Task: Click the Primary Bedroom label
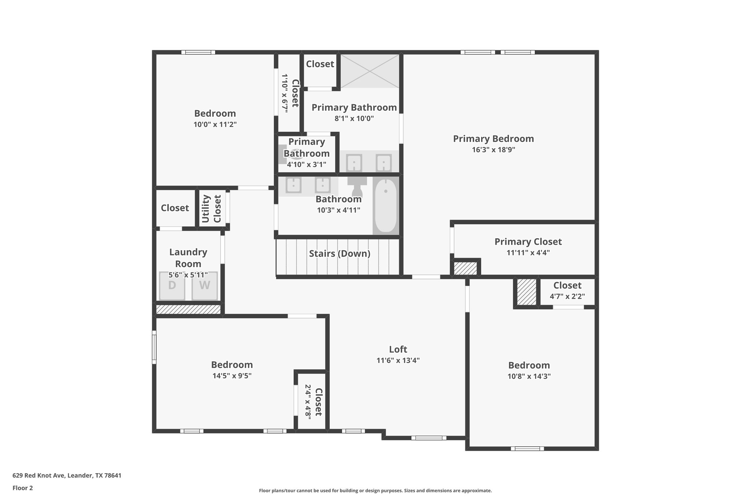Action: pyautogui.click(x=493, y=139)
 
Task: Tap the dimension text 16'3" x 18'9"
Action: pyautogui.click(x=493, y=150)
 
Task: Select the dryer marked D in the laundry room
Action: pyautogui.click(x=172, y=286)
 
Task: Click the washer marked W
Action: pyautogui.click(x=205, y=286)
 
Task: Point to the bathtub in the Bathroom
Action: pyautogui.click(x=385, y=206)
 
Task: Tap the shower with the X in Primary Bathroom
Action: pyautogui.click(x=370, y=71)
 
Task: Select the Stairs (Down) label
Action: pyautogui.click(x=340, y=254)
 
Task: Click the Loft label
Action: pyautogui.click(x=398, y=349)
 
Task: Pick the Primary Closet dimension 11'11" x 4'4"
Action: pyautogui.click(x=528, y=253)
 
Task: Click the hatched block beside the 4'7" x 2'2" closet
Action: pyautogui.click(x=527, y=292)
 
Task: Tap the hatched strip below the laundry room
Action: pyautogui.click(x=188, y=309)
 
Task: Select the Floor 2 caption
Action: pyautogui.click(x=23, y=488)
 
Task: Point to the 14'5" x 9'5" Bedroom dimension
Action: pyautogui.click(x=232, y=376)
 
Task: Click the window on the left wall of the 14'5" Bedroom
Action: pyautogui.click(x=154, y=347)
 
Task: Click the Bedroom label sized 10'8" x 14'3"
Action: pyautogui.click(x=529, y=365)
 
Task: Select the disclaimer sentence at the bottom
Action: pyautogui.click(x=375, y=490)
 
